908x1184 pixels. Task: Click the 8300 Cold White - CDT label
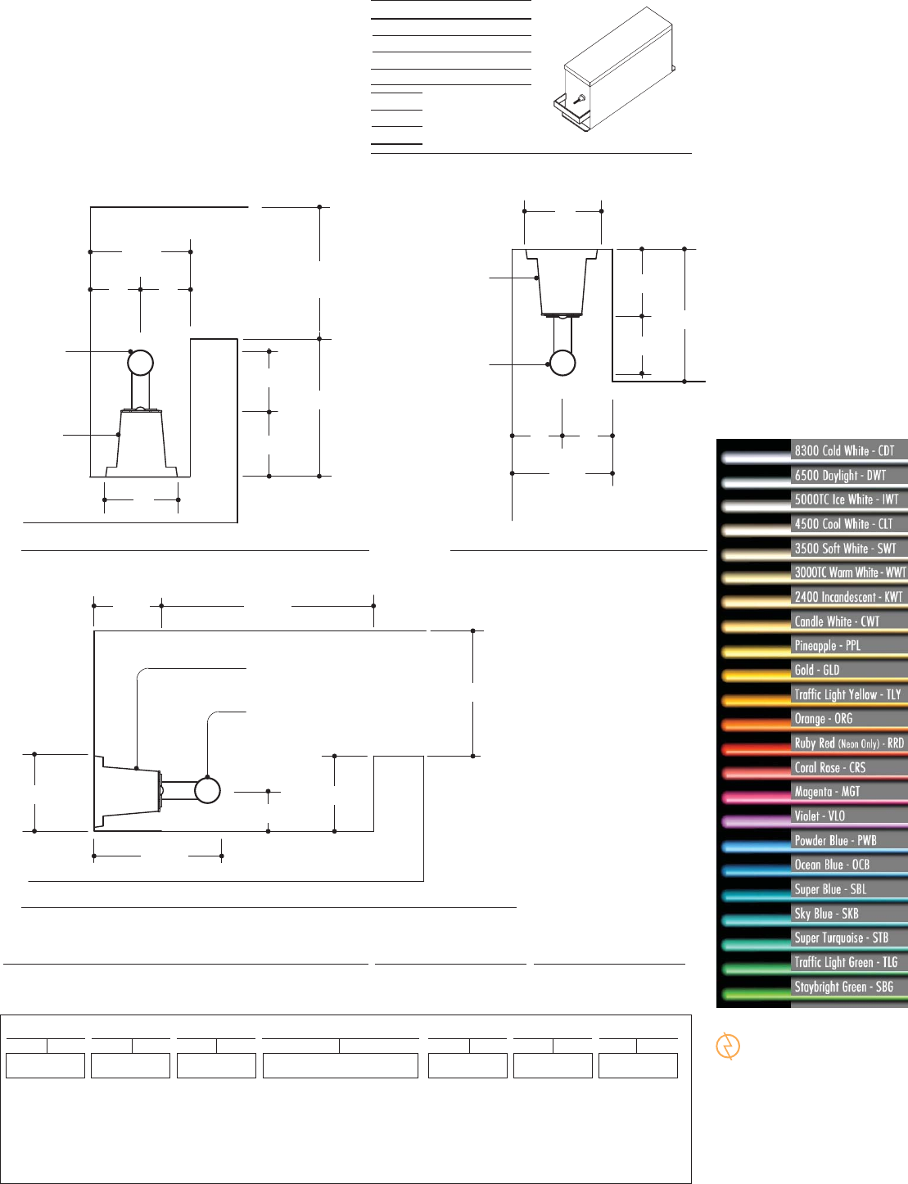point(844,450)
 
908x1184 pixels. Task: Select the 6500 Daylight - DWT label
point(840,475)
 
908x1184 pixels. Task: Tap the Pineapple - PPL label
point(828,646)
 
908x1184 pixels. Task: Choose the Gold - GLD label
point(816,670)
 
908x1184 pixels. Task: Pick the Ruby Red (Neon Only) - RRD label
point(849,743)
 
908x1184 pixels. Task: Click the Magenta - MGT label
point(827,792)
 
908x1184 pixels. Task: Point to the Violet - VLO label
point(820,816)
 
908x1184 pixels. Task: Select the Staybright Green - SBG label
point(843,987)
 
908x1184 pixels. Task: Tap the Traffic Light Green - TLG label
point(846,962)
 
